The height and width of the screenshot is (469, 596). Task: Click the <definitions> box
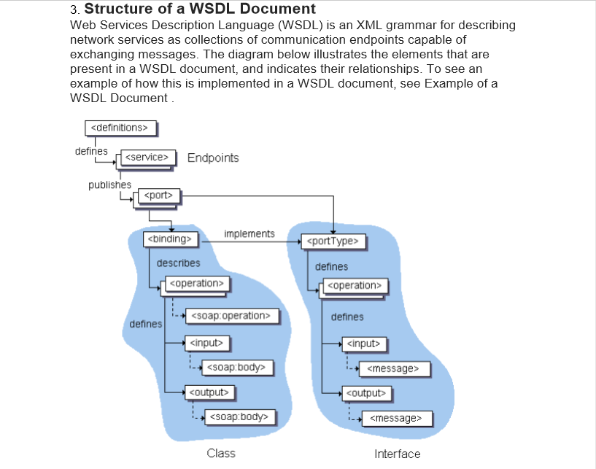click(x=121, y=128)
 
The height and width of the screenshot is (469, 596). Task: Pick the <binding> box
click(x=169, y=239)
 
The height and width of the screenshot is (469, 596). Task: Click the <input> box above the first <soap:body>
click(x=207, y=341)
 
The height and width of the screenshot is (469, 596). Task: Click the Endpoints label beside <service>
click(x=213, y=158)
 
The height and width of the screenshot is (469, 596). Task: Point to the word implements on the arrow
click(x=249, y=233)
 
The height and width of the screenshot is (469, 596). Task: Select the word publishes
click(x=109, y=185)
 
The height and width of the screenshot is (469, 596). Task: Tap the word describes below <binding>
click(x=178, y=263)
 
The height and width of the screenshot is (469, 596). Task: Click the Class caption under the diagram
click(x=221, y=453)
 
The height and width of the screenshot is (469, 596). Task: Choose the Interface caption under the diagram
click(x=397, y=454)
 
